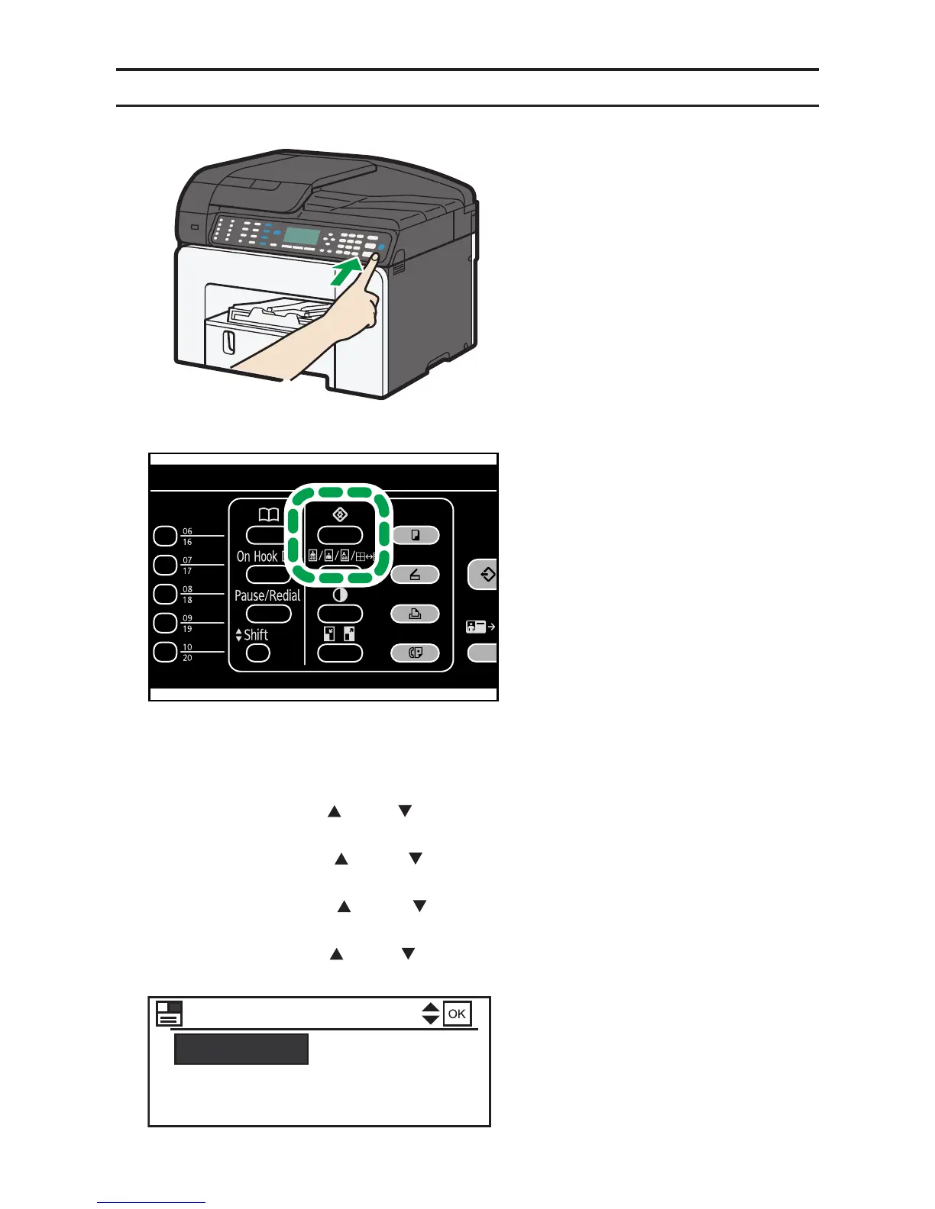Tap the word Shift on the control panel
[x=256, y=635]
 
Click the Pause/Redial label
[x=267, y=595]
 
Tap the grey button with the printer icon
[x=415, y=614]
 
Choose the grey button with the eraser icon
[x=415, y=575]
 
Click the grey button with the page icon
[x=415, y=535]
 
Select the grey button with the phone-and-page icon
[x=415, y=653]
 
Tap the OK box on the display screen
[x=457, y=1014]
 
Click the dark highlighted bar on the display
[x=241, y=1049]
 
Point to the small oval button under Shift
[x=258, y=653]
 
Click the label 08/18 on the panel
[x=187, y=595]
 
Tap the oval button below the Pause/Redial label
[x=269, y=614]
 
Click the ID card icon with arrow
[x=480, y=627]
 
